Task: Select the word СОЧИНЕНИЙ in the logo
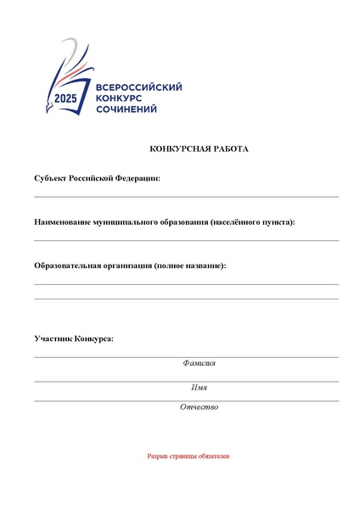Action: pyautogui.click(x=127, y=110)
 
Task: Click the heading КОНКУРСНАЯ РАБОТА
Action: pyautogui.click(x=199, y=148)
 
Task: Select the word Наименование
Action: pyautogui.click(x=63, y=222)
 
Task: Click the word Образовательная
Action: pyautogui.click(x=68, y=266)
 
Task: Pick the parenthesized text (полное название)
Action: pyautogui.click(x=190, y=266)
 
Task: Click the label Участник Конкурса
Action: pyautogui.click(x=73, y=338)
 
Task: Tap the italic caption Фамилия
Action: pyautogui.click(x=199, y=363)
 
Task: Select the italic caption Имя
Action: pyautogui.click(x=199, y=388)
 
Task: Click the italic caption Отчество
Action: pyautogui.click(x=199, y=407)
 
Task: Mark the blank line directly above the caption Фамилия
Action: pyautogui.click(x=186, y=357)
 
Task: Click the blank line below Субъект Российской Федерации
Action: pyautogui.click(x=186, y=197)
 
